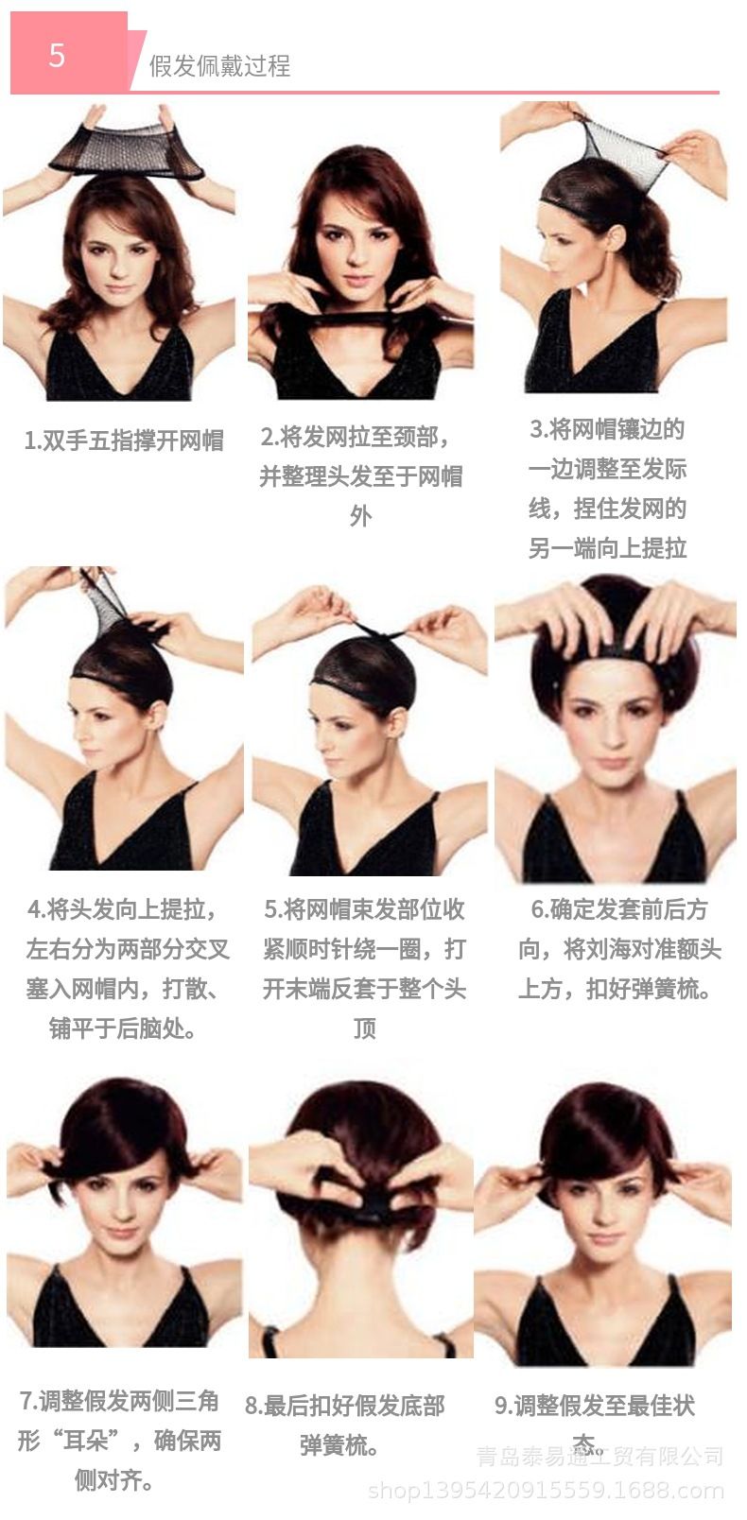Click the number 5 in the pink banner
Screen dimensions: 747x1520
[57, 55]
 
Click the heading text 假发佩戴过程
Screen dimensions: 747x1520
[220, 66]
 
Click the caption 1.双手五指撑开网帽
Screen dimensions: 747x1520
[124, 440]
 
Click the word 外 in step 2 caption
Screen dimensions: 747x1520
[360, 516]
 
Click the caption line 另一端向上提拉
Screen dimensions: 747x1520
[608, 547]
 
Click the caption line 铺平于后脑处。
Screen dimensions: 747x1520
[123, 1028]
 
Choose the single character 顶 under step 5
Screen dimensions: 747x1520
[365, 1028]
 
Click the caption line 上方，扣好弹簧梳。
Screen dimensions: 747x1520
[616, 989]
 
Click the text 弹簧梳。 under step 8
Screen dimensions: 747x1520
[339, 1444]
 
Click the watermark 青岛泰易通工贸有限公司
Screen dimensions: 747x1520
[599, 1457]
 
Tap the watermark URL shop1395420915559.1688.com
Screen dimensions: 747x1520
[546, 1491]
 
